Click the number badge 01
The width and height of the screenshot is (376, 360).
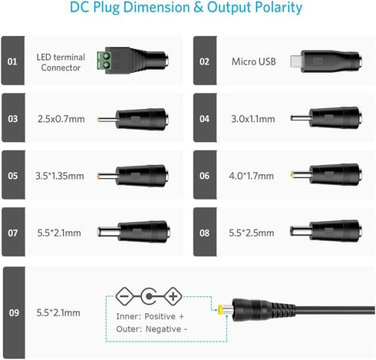coord(13,61)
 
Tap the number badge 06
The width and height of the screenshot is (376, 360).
coord(205,175)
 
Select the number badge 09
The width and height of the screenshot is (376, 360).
coord(14,312)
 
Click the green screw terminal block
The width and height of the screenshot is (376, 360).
coord(104,61)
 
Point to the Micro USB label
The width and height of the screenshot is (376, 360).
coord(253,61)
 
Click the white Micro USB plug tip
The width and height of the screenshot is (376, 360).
coord(295,61)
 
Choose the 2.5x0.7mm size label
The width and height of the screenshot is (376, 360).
coord(61,119)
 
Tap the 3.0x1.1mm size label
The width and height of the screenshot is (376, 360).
coord(253,119)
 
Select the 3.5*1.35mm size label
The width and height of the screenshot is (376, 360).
coord(60,176)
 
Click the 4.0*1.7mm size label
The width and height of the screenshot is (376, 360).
coord(251,176)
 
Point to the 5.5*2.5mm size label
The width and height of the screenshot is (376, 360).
coord(251,233)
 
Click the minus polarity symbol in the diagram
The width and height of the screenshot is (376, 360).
coord(124,296)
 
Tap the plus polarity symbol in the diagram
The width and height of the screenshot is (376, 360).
coord(173,296)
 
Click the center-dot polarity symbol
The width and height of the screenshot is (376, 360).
coord(149,296)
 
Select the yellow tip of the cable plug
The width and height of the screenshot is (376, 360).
coord(220,309)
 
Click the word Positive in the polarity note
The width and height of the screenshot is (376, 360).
coord(160,316)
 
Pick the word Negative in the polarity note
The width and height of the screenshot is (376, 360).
coord(163,329)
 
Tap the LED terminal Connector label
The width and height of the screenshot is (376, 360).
coord(61,62)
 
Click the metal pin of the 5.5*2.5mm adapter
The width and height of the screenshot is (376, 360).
coord(300,231)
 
